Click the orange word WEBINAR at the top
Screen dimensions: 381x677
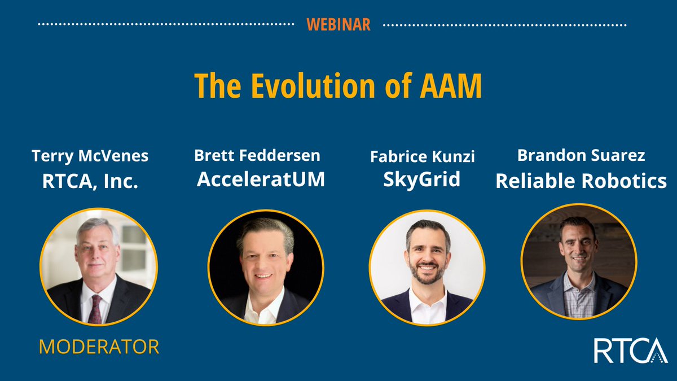coord(338,25)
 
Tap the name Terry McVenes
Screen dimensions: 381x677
coord(90,156)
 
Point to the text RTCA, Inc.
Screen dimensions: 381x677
coord(90,182)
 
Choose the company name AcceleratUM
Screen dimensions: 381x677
coord(261,180)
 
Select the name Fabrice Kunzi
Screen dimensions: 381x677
coord(422,157)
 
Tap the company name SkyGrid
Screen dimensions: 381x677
coord(422,179)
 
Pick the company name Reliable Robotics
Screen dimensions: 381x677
coord(581,181)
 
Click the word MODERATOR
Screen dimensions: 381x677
coord(99,347)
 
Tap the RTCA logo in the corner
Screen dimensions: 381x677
coord(630,351)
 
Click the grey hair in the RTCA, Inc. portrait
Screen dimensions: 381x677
coord(96,229)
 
